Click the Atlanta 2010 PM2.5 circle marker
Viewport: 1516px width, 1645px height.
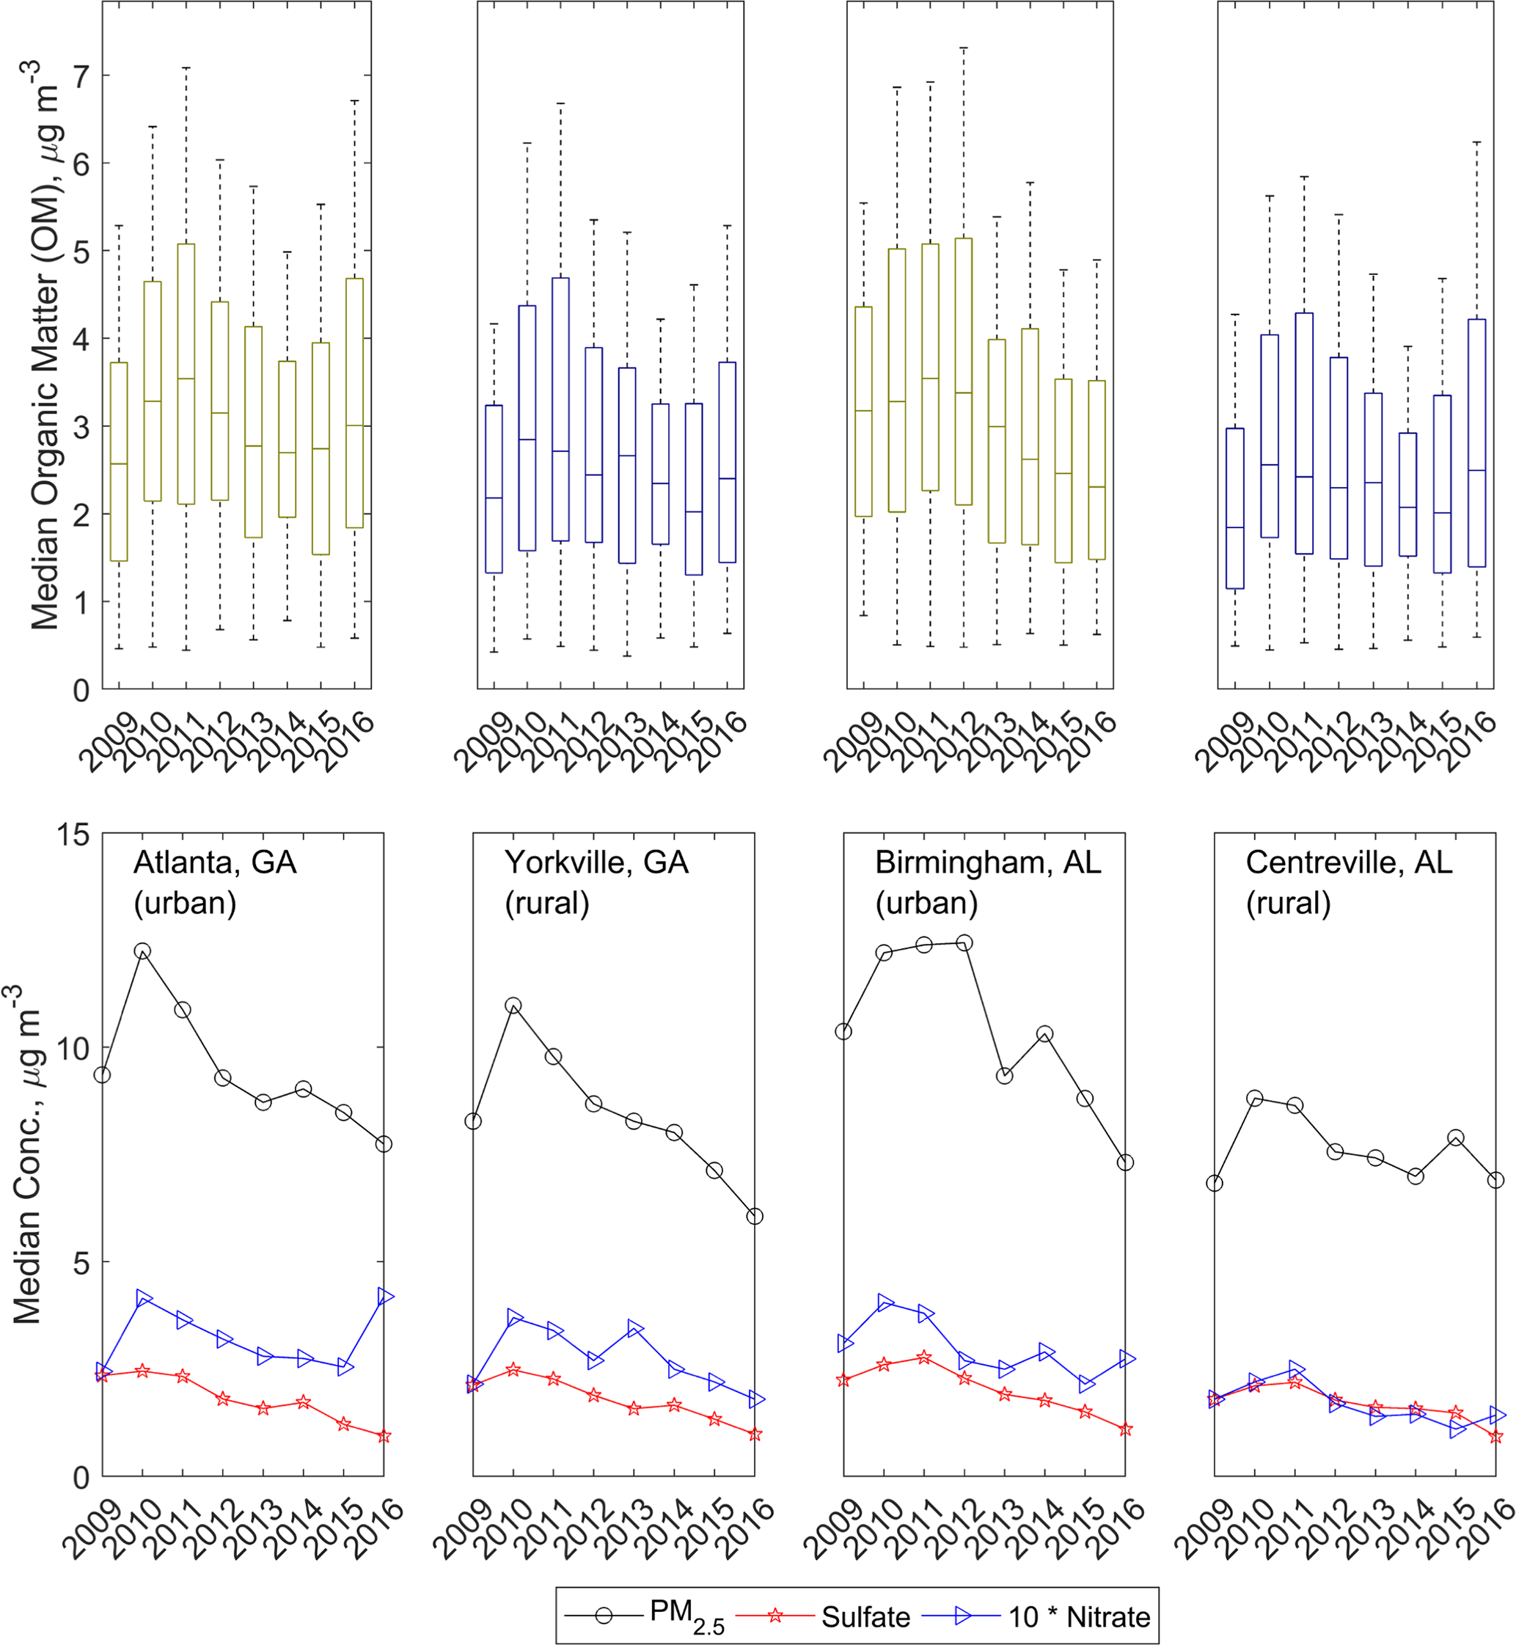[143, 952]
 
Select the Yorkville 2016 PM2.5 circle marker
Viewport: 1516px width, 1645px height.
[755, 1217]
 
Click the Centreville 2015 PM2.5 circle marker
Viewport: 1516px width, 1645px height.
[1456, 1138]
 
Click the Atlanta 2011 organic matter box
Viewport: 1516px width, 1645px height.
[186, 374]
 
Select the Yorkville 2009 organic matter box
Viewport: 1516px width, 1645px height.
[494, 489]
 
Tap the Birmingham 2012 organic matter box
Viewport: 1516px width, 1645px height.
[964, 372]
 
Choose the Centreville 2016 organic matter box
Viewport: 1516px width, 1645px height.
[1476, 443]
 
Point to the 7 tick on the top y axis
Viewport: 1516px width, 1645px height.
[81, 76]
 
